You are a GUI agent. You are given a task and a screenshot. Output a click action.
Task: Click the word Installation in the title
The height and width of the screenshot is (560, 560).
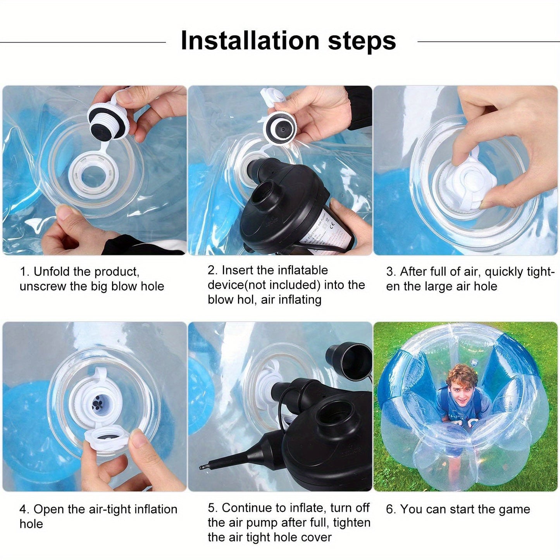tap(250, 41)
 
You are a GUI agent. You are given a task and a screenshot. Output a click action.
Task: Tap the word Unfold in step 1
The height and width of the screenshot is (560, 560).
tap(52, 272)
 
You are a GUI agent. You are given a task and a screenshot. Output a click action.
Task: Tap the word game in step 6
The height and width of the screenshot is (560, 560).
tap(515, 510)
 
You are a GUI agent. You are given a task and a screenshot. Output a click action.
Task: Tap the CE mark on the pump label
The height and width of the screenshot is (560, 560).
tap(333, 224)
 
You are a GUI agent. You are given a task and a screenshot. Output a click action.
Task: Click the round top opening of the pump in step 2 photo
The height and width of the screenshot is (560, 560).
tap(263, 191)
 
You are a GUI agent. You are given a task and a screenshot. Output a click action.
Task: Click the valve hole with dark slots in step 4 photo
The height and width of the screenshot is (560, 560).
tap(97, 404)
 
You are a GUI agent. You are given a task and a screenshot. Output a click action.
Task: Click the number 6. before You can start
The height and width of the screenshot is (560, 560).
tap(391, 510)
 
